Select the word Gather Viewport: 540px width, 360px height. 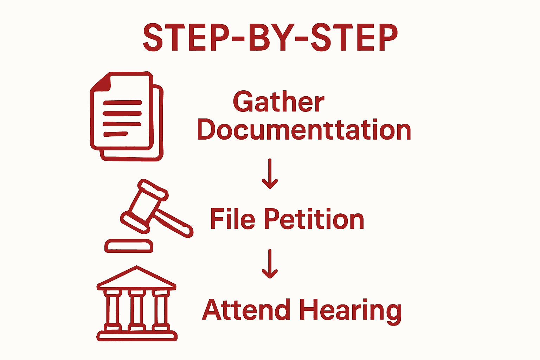278,102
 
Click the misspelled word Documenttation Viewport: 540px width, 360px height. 304,130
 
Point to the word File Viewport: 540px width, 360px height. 232,219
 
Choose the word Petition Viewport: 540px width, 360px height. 314,219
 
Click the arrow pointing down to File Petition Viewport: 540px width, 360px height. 270,174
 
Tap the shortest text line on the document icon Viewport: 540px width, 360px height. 115,134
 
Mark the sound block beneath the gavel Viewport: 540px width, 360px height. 129,246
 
